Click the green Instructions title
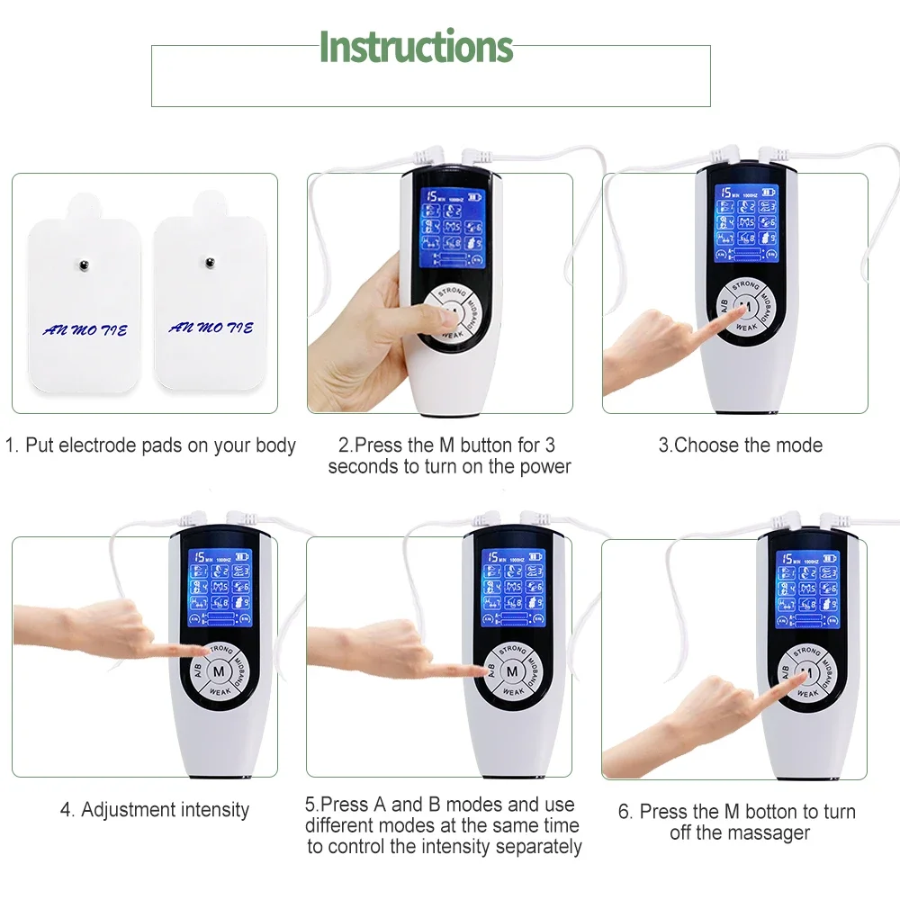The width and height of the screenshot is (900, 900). click(x=416, y=47)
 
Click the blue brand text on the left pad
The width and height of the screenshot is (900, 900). click(x=85, y=330)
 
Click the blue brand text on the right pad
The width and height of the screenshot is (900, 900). click(x=211, y=328)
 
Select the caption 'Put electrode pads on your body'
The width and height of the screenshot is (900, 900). click(x=151, y=445)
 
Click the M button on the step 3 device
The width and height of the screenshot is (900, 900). click(x=745, y=307)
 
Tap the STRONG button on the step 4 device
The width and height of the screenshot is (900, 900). click(x=220, y=650)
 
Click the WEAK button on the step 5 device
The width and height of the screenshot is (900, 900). click(x=513, y=691)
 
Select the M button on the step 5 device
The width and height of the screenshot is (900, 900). click(x=512, y=671)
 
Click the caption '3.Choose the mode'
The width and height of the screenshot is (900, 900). click(x=740, y=445)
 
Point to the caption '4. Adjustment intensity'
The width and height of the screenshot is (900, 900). click(x=155, y=810)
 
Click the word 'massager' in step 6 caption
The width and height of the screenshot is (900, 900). click(x=763, y=833)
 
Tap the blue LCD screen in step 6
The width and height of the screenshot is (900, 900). click(x=807, y=589)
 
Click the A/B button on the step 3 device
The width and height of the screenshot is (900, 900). click(x=722, y=304)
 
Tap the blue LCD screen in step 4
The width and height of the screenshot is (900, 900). click(x=220, y=589)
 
